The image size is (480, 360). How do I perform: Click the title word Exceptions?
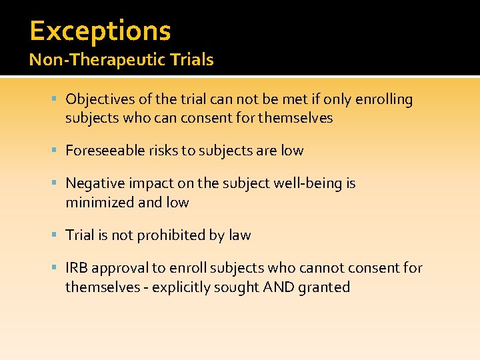pos(100,31)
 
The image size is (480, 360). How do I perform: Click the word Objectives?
pos(101,100)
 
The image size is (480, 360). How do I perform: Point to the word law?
pos(240,235)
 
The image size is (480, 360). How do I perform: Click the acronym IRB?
pos(77,268)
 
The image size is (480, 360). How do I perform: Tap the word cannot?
pos(323,268)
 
